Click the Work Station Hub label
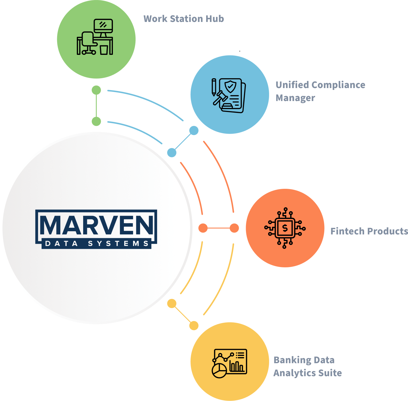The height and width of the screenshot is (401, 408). click(x=184, y=19)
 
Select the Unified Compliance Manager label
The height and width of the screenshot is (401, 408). click(x=320, y=91)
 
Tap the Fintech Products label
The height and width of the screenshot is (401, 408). click(x=369, y=231)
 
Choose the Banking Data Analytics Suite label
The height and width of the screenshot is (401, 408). click(x=308, y=366)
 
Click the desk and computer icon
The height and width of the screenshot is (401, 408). click(x=95, y=37)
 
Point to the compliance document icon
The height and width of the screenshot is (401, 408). click(x=229, y=96)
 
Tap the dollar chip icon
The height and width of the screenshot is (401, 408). click(x=285, y=228)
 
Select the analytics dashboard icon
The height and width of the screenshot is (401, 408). click(x=229, y=363)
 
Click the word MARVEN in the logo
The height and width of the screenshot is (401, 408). click(x=96, y=225)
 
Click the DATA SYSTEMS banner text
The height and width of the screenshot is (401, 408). click(x=96, y=243)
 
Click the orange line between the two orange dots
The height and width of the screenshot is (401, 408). click(x=219, y=228)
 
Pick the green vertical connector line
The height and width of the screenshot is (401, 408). click(x=96, y=106)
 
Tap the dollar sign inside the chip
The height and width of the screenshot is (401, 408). click(x=285, y=228)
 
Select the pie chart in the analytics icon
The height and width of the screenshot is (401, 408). click(x=219, y=371)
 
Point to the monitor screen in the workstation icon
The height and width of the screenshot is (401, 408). click(x=103, y=25)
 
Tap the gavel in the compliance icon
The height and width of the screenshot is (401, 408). click(x=220, y=98)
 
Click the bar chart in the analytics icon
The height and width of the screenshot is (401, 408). click(x=237, y=366)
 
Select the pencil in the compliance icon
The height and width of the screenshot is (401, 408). click(x=214, y=87)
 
